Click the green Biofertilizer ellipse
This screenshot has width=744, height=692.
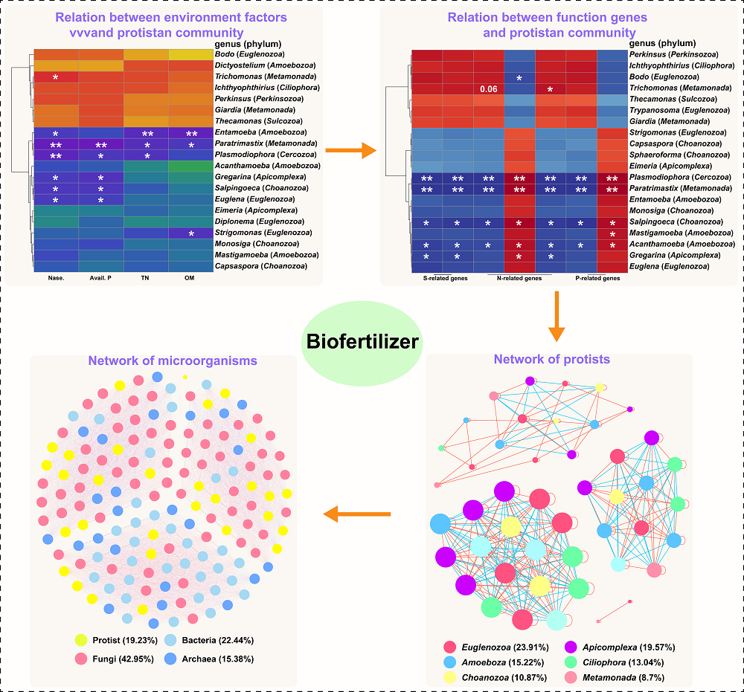tap(360, 342)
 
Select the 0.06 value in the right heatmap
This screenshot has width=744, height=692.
tap(489, 89)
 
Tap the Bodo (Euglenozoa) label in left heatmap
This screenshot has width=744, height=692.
tap(256, 54)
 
